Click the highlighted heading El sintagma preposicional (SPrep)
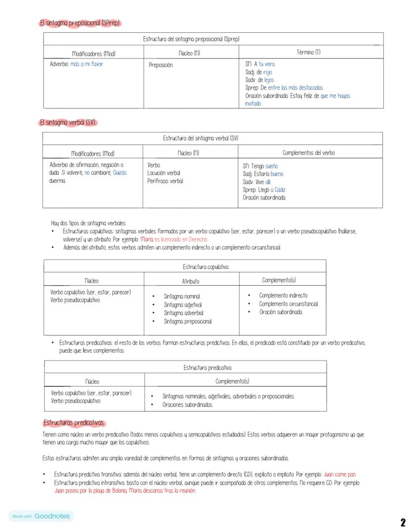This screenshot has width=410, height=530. point(80,23)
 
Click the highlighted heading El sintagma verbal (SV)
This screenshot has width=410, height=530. point(67,122)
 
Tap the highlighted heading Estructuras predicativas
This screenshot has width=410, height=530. point(74,423)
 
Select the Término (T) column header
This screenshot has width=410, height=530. point(308,52)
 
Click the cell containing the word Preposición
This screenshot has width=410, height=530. point(161,65)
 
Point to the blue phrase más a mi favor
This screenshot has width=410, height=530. point(87,64)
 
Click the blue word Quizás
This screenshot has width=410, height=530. point(119,173)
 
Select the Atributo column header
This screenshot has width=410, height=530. point(191,281)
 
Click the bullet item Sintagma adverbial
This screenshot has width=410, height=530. point(184,313)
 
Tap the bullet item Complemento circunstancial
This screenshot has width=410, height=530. point(288,304)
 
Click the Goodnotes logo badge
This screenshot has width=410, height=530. point(41,516)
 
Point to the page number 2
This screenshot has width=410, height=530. point(403,522)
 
